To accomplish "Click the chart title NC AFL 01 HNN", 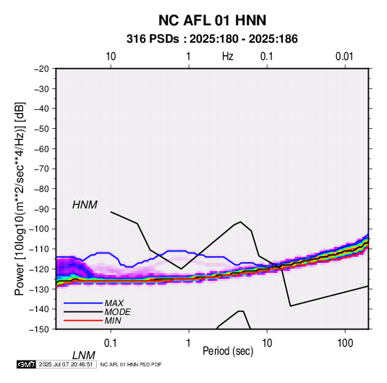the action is coord(212,20).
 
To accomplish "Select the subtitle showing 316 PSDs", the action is coord(212,39).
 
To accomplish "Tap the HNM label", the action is coord(85,205).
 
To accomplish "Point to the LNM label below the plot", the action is coord(84,355).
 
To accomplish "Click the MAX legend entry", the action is coord(114,303).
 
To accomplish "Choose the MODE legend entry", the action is coord(117,312).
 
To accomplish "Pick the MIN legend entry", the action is coord(113,321).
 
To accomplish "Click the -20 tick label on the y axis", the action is coord(41,69).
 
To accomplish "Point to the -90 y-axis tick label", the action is coord(41,209).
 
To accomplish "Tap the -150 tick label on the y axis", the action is coord(39,329).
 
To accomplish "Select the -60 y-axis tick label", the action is coord(41,148).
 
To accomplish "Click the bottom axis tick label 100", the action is coord(345,343).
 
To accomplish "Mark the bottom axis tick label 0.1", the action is coord(111,343).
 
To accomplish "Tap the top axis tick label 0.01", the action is coord(344,56).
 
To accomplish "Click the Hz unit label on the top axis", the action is coord(228,56).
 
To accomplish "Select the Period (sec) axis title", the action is coord(228,351).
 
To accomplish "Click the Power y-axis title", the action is coord(20,199).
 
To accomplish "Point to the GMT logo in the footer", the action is coord(26,364).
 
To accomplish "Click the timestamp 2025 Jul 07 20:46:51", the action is coord(66,364).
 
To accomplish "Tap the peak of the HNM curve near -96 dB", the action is coord(241,222).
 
